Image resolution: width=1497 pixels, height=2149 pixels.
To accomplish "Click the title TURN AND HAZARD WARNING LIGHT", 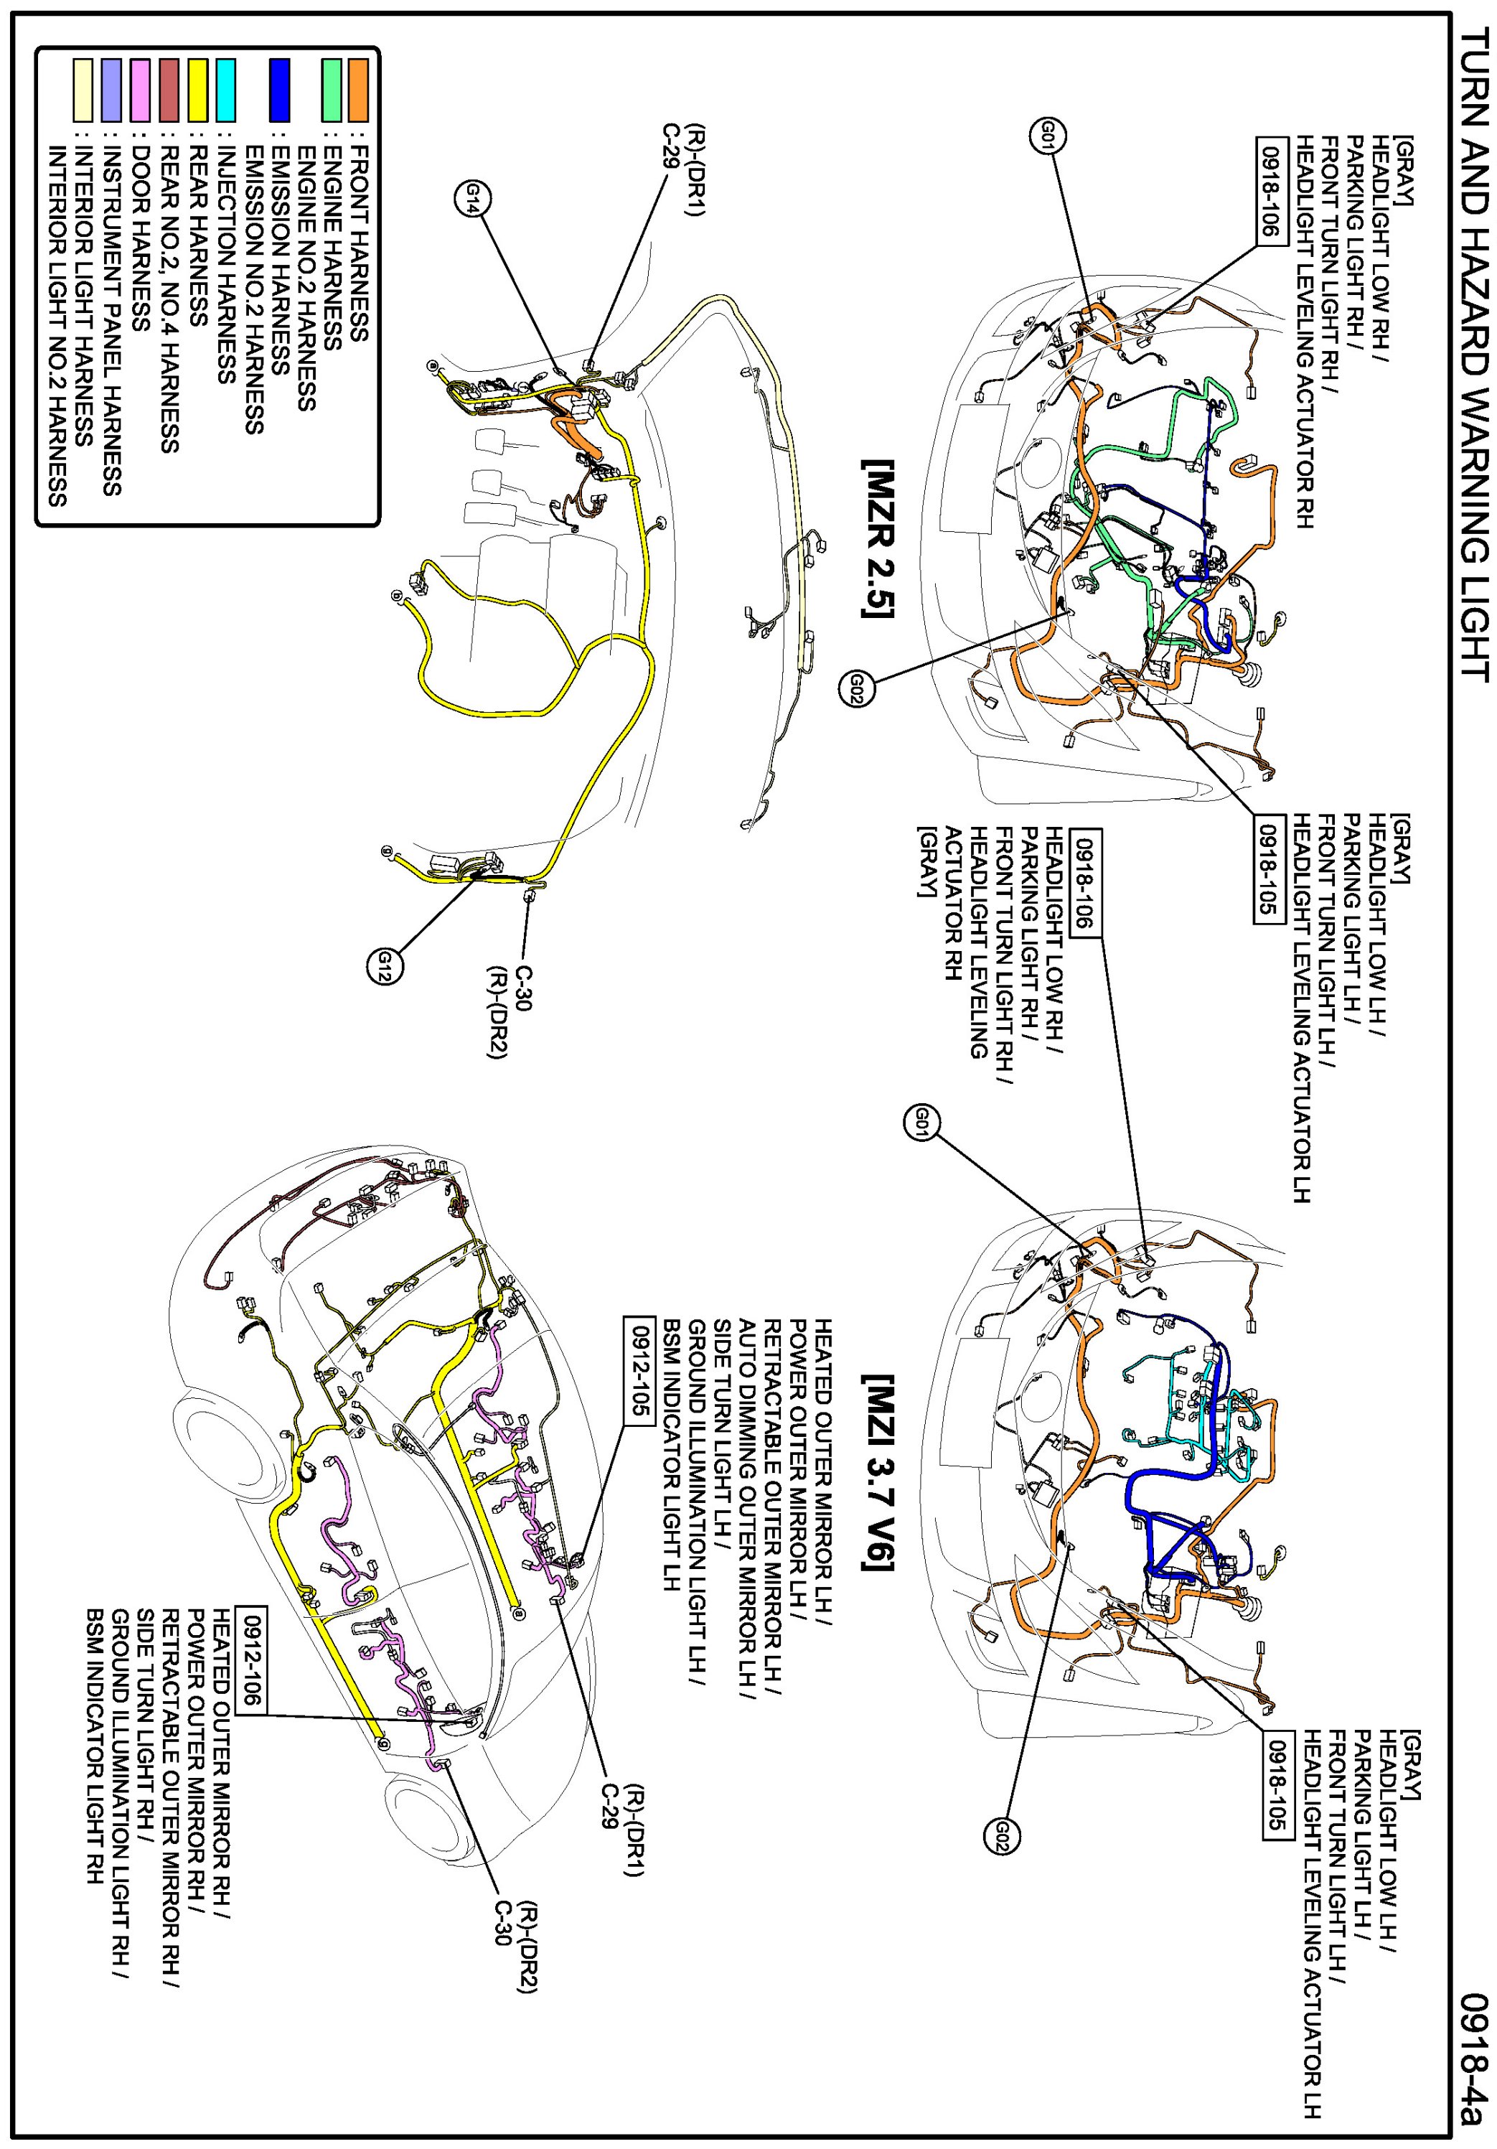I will pyautogui.click(x=1473, y=356).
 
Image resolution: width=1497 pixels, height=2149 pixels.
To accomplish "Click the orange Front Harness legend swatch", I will pyautogui.click(x=357, y=90).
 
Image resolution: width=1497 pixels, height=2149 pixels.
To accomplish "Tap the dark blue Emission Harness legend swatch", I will pyautogui.click(x=279, y=90).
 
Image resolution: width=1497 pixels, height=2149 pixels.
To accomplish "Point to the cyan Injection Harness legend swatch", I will pyautogui.click(x=225, y=90).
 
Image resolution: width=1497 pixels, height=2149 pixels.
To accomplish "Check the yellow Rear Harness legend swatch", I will pyautogui.click(x=197, y=90).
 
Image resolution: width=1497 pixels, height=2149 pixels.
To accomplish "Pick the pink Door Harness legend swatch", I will pyautogui.click(x=141, y=90).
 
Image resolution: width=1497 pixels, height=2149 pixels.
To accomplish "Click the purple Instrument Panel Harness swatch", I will pyautogui.click(x=112, y=90).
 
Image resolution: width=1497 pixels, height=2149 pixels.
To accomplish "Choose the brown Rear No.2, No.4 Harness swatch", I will pyautogui.click(x=169, y=90).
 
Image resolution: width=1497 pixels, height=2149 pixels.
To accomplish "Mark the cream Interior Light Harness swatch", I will pyautogui.click(x=83, y=90).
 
